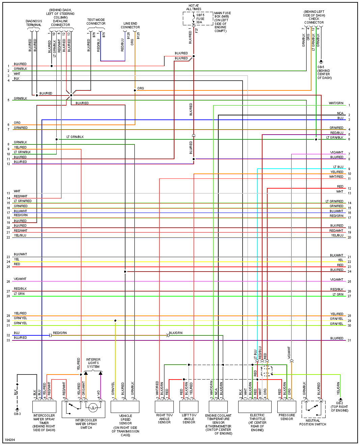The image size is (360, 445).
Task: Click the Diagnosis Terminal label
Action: (x=34, y=23)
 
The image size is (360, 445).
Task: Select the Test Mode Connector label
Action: (x=96, y=22)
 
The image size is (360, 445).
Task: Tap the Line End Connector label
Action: (x=130, y=25)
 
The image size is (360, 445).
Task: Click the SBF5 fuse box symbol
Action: (x=198, y=19)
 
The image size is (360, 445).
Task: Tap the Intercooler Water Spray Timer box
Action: (x=44, y=407)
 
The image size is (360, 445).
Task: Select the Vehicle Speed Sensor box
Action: (x=125, y=407)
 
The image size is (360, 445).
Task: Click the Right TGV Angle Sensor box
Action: (x=164, y=407)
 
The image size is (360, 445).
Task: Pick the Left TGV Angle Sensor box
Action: (x=189, y=407)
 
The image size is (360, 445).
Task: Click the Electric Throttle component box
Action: (x=255, y=407)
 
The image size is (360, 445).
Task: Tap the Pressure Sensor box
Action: (x=287, y=407)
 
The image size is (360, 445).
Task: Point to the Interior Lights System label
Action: (x=93, y=363)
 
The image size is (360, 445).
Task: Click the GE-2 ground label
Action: (x=339, y=407)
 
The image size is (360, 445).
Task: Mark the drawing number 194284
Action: (x=10, y=440)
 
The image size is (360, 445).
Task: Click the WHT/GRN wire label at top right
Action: (x=336, y=103)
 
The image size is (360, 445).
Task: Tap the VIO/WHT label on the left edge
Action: (x=20, y=279)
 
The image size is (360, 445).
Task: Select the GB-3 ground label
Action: (x=17, y=414)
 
